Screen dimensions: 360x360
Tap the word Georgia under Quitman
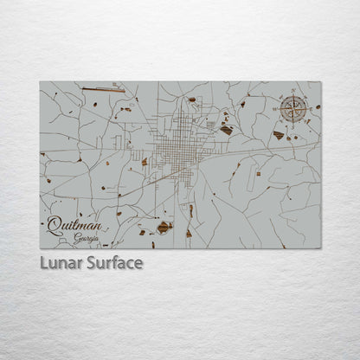click(x=87, y=238)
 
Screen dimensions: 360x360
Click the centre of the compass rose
click(x=293, y=109)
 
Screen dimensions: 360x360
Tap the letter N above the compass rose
click(x=293, y=95)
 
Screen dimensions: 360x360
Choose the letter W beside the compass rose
click(x=280, y=109)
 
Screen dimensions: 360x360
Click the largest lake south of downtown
click(x=164, y=228)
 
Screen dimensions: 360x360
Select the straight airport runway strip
click(x=103, y=87)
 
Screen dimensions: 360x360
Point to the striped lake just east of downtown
click(x=226, y=130)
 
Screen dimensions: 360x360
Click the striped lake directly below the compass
click(x=279, y=135)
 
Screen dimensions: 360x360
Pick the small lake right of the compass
click(x=318, y=106)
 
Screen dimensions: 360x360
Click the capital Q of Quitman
click(x=55, y=226)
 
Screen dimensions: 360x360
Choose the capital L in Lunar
click(x=43, y=262)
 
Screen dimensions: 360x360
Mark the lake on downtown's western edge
click(x=145, y=162)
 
